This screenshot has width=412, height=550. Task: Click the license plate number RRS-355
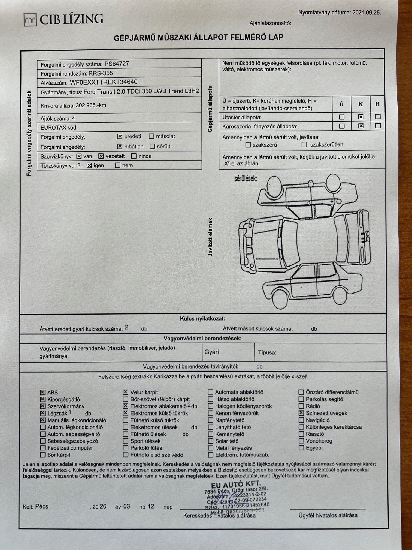101,73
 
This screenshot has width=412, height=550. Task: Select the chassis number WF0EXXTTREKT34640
104,82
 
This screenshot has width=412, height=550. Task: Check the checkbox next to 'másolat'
152,136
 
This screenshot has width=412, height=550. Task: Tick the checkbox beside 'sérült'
152,147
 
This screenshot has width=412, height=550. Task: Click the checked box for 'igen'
89,165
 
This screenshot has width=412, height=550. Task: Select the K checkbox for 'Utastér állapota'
361,117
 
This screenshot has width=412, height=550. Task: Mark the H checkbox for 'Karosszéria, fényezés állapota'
378,126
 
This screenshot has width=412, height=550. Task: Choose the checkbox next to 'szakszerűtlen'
304,145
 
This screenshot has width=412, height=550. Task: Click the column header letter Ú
341,104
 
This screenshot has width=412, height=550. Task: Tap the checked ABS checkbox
43,392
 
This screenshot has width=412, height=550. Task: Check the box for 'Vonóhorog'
301,441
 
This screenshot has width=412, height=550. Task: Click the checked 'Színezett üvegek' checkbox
301,413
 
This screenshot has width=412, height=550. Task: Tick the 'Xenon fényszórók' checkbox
210,413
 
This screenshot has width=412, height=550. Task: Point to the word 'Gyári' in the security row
212,352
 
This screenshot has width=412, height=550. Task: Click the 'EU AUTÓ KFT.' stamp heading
236,485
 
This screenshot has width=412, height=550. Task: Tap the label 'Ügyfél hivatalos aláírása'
328,515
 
